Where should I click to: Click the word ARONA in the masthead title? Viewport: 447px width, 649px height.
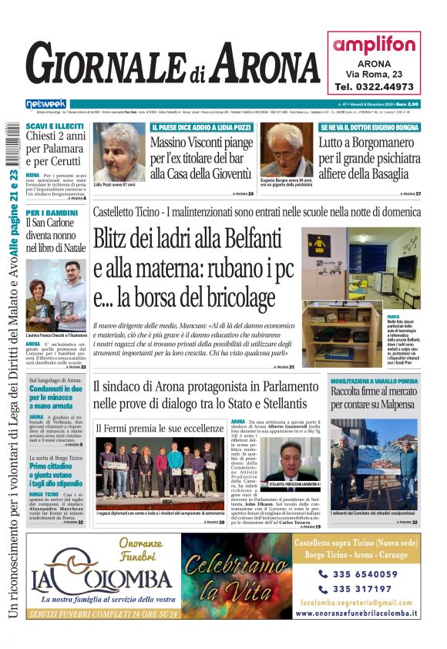264,65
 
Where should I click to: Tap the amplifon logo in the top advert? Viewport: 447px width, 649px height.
374,45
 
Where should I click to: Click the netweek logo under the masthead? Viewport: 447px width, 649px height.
45,104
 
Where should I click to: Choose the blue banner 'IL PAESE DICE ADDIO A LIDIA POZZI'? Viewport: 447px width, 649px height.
202,126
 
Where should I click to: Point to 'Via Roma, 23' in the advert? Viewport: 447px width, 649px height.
374,74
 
